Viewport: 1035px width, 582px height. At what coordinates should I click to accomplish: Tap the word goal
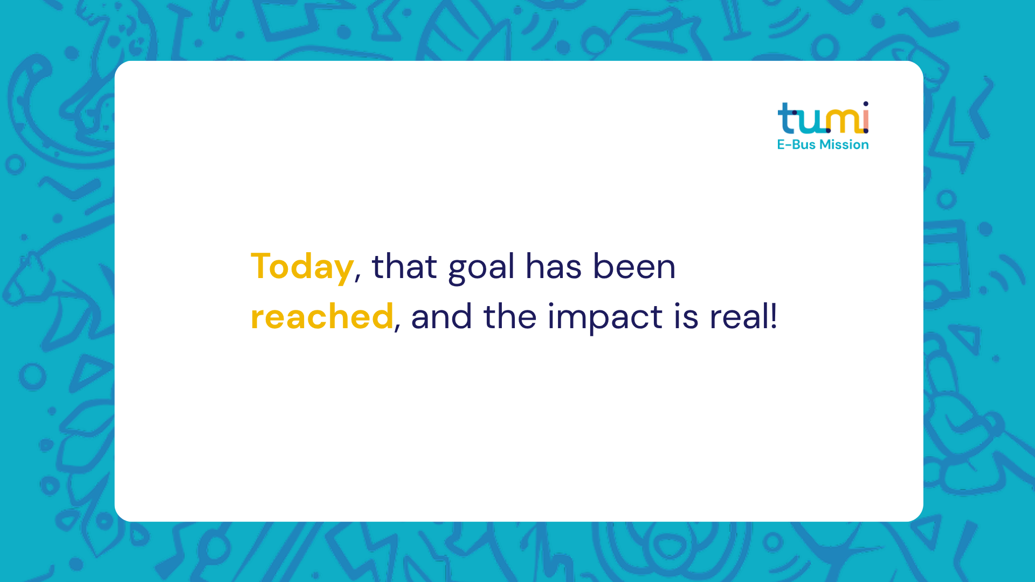(481, 268)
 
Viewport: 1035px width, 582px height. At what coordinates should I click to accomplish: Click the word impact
(605, 318)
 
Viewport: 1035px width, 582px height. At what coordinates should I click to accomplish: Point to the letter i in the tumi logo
(866, 117)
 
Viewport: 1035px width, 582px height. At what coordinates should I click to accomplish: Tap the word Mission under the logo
(844, 144)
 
